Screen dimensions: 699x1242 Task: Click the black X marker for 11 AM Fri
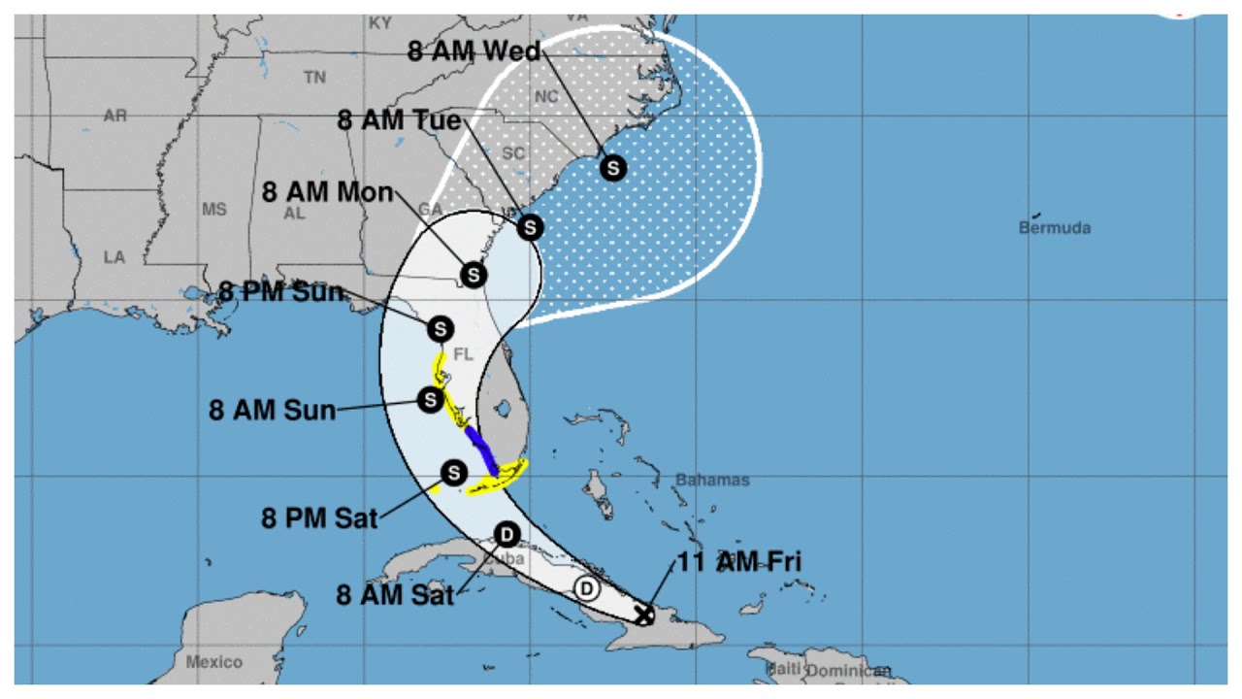point(642,614)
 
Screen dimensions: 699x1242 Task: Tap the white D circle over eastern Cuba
point(586,588)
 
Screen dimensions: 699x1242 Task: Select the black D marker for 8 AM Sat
point(506,534)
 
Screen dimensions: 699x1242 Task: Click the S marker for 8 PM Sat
point(453,473)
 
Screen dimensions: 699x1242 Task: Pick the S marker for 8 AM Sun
point(430,399)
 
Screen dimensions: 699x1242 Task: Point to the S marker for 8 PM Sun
point(440,327)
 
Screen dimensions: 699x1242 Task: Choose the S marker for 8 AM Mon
point(473,275)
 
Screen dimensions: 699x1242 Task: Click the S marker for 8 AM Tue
point(530,227)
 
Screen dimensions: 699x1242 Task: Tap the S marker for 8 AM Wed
point(612,168)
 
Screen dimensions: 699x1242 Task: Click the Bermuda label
point(1055,228)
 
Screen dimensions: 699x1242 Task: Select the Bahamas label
point(713,480)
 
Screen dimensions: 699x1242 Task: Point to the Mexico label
point(214,662)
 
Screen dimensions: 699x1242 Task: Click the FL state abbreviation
point(463,355)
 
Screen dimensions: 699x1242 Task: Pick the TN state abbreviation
point(314,78)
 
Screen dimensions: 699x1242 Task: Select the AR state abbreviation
point(115,116)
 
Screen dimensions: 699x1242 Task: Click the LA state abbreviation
point(114,257)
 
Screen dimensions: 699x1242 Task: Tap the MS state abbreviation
point(213,210)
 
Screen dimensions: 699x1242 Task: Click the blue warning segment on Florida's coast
point(481,449)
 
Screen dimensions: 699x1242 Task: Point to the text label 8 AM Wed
point(474,50)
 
